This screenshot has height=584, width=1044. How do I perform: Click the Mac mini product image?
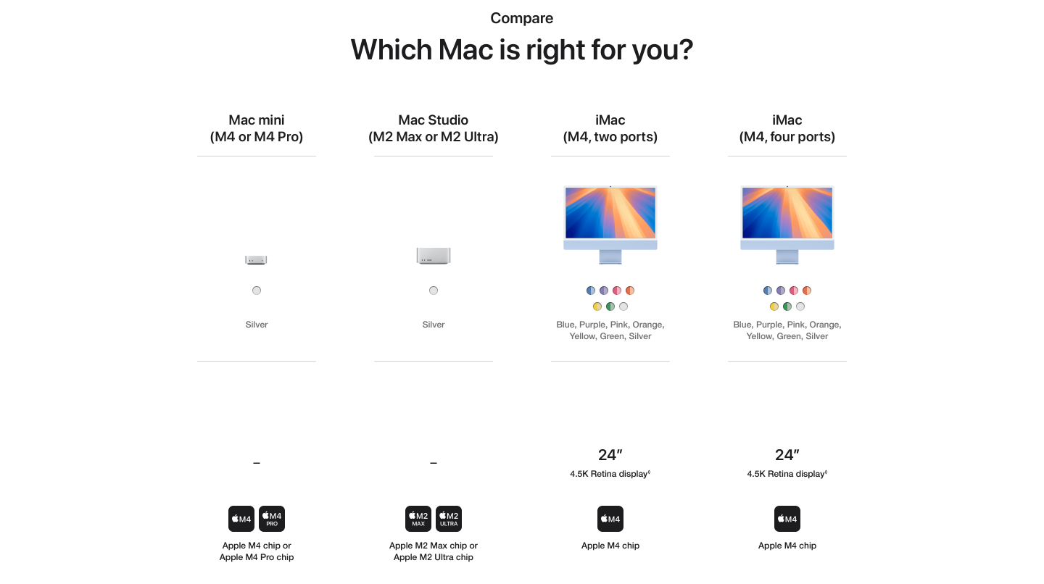pos(256,259)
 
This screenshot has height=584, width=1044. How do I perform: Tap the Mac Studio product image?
pos(434,256)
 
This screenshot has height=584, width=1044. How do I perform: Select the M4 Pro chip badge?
pos(272,518)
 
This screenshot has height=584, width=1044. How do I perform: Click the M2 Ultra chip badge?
pos(449,518)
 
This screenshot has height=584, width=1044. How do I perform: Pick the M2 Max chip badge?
pos(418,518)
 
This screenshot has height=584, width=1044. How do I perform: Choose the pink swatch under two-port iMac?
pos(616,291)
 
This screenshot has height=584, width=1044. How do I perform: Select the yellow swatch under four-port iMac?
pos(774,306)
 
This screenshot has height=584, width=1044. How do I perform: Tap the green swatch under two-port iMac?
pos(610,306)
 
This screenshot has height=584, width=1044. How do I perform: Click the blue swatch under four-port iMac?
pos(768,291)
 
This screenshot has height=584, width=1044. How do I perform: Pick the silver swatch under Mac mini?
pos(257,291)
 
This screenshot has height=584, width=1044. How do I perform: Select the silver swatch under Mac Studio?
pos(434,291)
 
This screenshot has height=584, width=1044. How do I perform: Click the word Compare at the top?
pos(521,18)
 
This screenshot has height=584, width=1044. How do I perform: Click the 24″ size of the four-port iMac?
pos(787,454)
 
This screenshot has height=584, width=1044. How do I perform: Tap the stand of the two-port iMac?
pos(610,257)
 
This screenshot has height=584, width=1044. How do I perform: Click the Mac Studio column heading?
pos(434,128)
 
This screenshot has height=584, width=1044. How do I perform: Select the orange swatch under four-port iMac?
pos(807,291)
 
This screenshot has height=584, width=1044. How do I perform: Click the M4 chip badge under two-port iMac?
pos(610,518)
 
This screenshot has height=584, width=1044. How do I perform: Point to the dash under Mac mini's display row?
pos(257,463)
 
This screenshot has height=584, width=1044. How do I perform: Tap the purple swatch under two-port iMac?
pos(603,291)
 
